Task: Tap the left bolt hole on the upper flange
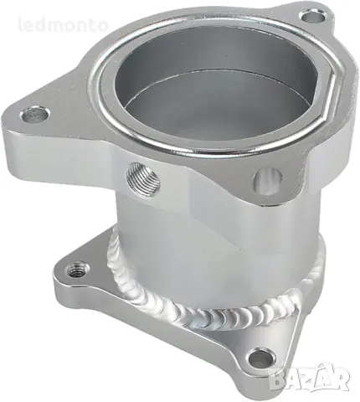click(34, 112)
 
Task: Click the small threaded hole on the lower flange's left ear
click(79, 268)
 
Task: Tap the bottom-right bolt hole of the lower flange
click(261, 357)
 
